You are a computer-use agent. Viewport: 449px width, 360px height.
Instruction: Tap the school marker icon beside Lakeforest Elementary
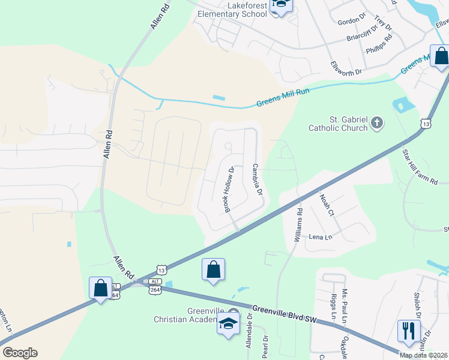280,6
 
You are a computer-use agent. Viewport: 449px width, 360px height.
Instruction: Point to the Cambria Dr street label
258,179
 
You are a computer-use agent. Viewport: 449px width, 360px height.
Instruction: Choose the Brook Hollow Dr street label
229,189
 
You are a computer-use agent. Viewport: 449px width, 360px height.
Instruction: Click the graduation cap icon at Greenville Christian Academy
228,324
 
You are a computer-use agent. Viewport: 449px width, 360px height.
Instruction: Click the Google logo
20,353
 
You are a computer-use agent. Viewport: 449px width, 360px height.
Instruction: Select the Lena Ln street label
320,237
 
